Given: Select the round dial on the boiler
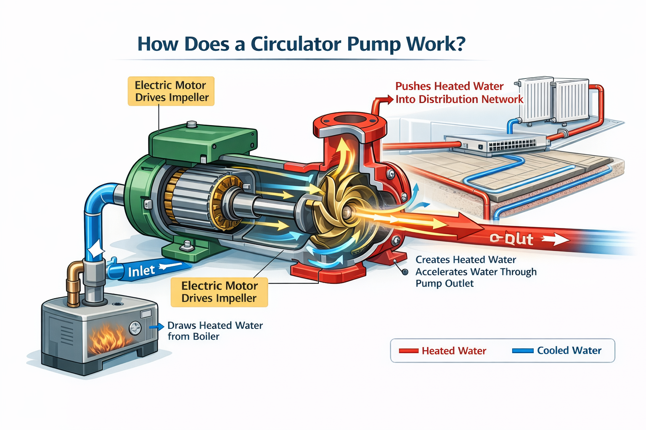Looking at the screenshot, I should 135,328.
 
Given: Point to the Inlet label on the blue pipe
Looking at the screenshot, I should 141,271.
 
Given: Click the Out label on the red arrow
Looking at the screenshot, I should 512,239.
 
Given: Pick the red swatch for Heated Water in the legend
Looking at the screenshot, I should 408,351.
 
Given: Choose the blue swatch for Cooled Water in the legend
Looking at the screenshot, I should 523,351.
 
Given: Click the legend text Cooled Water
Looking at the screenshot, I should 569,351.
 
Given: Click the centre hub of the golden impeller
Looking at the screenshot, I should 348,212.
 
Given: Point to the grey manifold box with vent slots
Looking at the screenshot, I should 496,144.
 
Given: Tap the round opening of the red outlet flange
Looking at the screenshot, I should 349,119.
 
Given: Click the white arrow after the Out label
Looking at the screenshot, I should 555,239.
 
